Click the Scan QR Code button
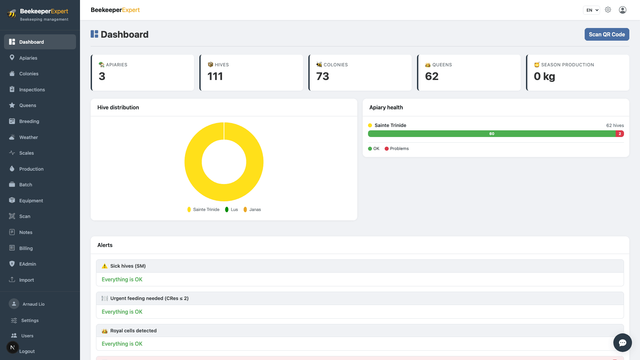(x=607, y=34)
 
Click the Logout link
(x=27, y=351)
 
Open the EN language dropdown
(x=591, y=10)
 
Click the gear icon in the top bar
(x=608, y=10)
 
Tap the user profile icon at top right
(x=623, y=10)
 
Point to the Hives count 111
(x=215, y=76)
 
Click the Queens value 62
(x=432, y=76)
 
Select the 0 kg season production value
(x=544, y=76)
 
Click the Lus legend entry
(x=231, y=209)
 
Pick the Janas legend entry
(x=252, y=209)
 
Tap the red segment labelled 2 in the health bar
(x=620, y=134)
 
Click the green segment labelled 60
(x=492, y=134)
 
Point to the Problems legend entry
(x=397, y=149)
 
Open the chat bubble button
(x=622, y=343)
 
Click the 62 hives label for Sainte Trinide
(x=615, y=125)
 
